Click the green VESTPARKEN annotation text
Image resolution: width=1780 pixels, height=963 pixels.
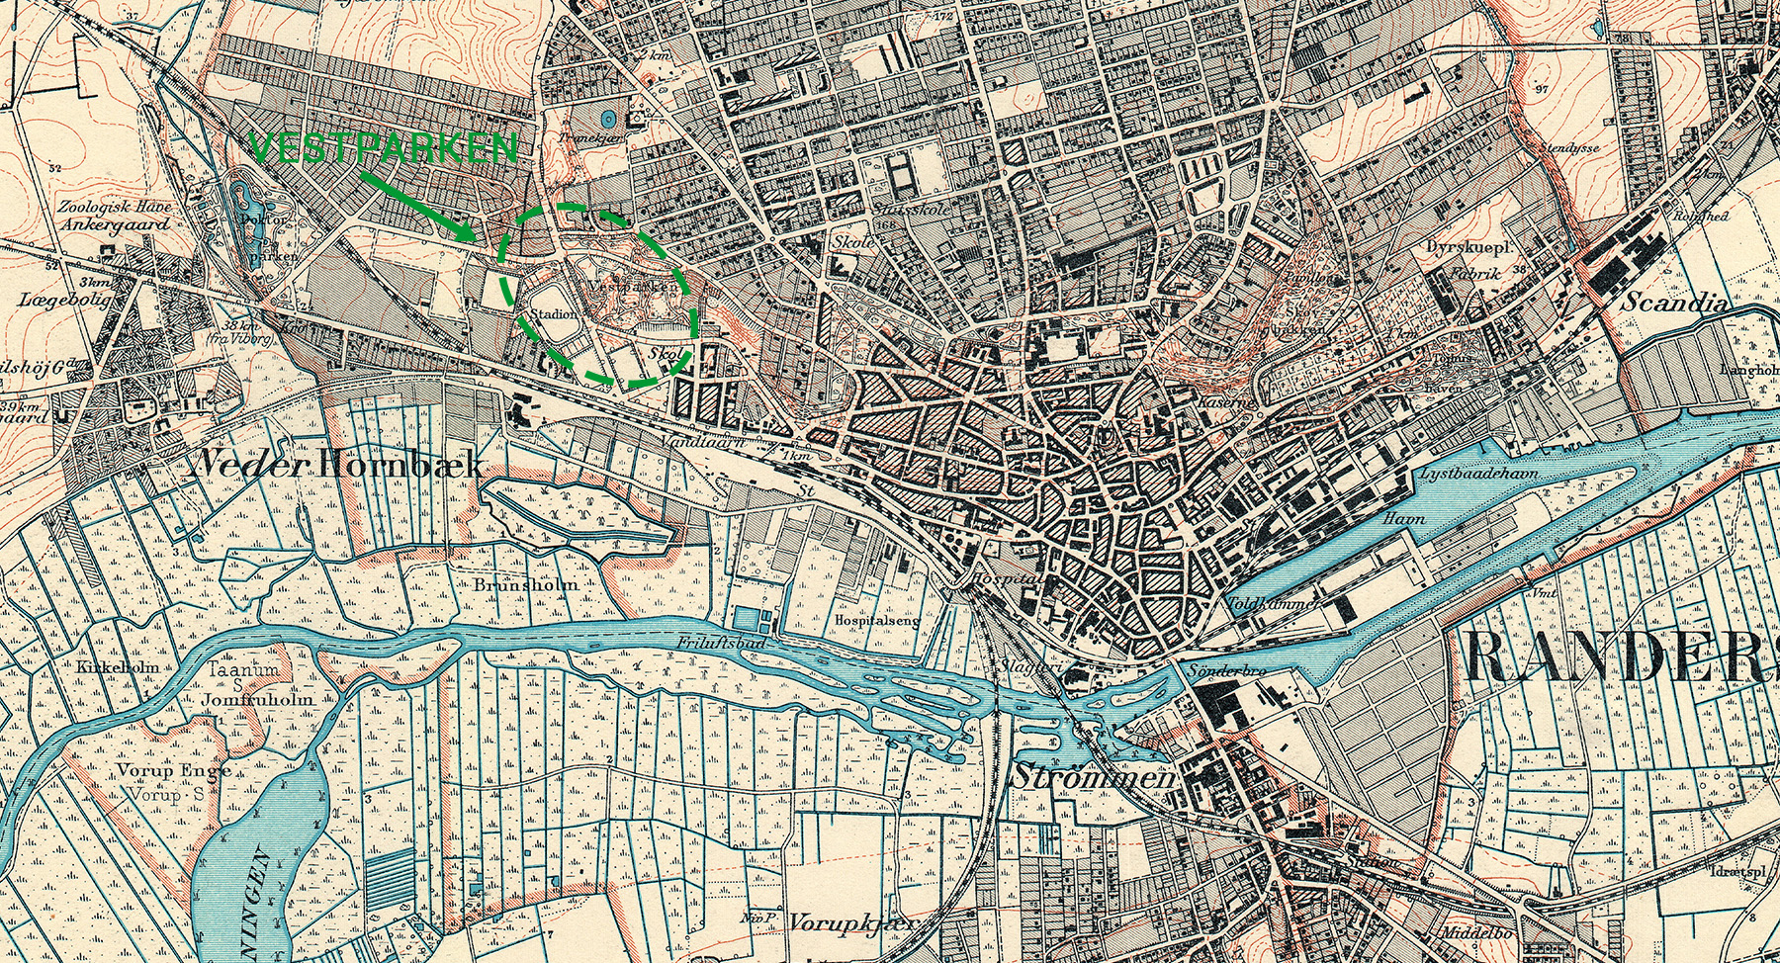coord(384,148)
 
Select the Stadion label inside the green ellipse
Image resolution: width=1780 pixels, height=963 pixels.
coord(554,314)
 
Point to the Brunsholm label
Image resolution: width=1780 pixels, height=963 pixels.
coord(525,584)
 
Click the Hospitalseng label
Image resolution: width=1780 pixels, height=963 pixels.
coord(877,620)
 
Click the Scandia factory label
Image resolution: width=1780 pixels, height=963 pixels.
coord(1673,303)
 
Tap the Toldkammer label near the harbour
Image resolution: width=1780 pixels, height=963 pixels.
coord(1273,602)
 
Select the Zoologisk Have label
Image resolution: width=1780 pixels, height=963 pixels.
coord(114,208)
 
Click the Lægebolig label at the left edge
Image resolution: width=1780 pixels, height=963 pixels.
coord(65,299)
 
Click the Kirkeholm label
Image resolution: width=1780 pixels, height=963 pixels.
coord(117,667)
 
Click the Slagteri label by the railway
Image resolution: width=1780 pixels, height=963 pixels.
coord(1028,666)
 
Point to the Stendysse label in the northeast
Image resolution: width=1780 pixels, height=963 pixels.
coord(1568,147)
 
